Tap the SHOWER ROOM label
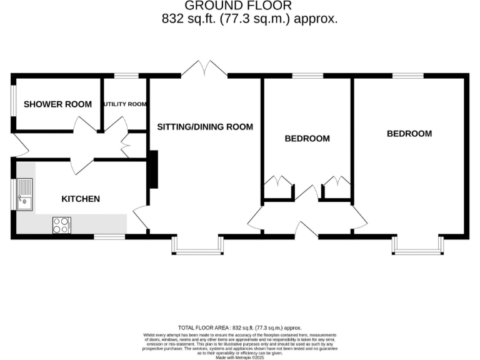tap(57, 104)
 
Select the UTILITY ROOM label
tap(125, 104)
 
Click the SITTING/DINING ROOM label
tap(205, 127)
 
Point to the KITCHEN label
tap(80, 199)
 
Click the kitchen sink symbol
tap(25, 194)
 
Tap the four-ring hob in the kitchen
tap(62, 224)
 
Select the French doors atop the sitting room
tap(204, 69)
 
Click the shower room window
tap(13, 100)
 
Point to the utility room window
tap(126, 76)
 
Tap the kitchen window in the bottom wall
tap(109, 237)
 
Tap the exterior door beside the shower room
tap(19, 145)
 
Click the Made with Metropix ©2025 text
tap(239, 356)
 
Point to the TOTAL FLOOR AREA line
tap(239, 327)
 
